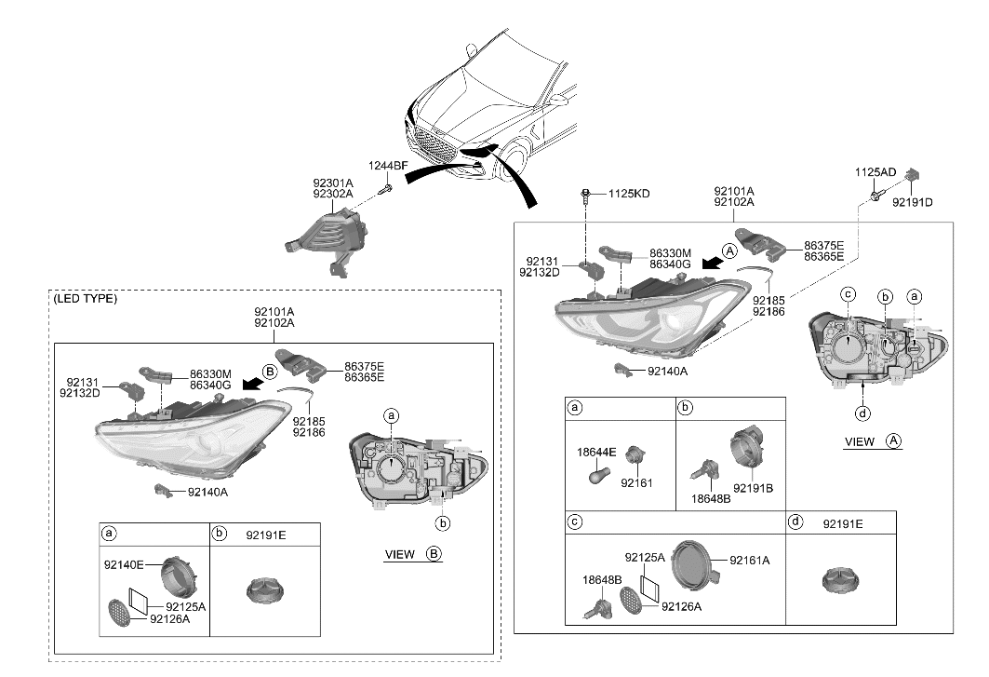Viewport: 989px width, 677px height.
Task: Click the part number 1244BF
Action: pyautogui.click(x=389, y=166)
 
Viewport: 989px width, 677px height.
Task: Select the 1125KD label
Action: pyautogui.click(x=629, y=194)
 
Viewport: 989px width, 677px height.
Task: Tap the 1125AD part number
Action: pyautogui.click(x=875, y=172)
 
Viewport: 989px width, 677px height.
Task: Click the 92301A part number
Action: pyautogui.click(x=332, y=183)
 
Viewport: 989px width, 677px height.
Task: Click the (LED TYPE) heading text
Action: pyautogui.click(x=85, y=299)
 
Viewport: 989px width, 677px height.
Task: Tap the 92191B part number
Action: pyautogui.click(x=753, y=487)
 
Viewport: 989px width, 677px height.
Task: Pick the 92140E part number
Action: pyautogui.click(x=124, y=564)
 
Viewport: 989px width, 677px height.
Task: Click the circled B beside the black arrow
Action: pyautogui.click(x=270, y=371)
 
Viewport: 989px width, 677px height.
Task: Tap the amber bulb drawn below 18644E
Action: pyautogui.click(x=599, y=475)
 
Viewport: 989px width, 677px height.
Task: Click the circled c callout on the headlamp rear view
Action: pyautogui.click(x=848, y=294)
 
